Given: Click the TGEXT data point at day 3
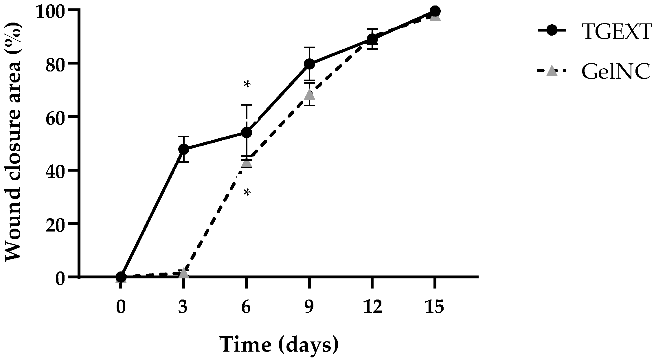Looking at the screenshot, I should pyautogui.click(x=184, y=149).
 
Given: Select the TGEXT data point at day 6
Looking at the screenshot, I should pyautogui.click(x=247, y=133).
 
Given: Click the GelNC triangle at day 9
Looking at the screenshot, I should pyautogui.click(x=309, y=94).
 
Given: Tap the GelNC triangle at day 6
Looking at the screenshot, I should pyautogui.click(x=247, y=162).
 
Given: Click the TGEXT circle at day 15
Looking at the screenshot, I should pyautogui.click(x=435, y=11).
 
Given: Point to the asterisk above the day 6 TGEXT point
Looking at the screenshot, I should pyautogui.click(x=247, y=85).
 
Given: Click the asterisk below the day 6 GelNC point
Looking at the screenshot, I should pyautogui.click(x=247, y=193).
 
